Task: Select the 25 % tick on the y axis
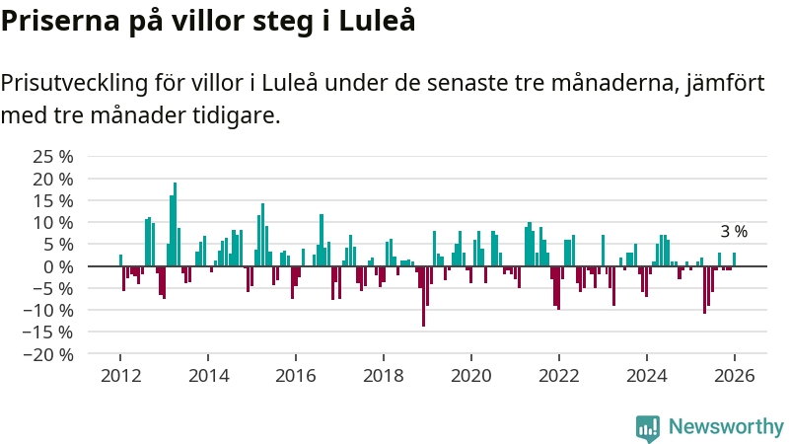point(52,157)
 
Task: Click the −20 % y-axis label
point(47,354)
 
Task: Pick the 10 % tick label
point(52,223)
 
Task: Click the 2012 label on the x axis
point(120,376)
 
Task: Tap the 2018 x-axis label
point(384,376)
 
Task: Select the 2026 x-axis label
point(735,376)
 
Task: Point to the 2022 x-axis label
point(559,376)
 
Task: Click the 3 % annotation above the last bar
point(734,232)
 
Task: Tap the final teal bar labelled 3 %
point(734,259)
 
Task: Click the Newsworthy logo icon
point(647,427)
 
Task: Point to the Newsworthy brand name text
point(726,427)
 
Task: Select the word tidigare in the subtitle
point(238,116)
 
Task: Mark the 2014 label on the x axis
point(208,376)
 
